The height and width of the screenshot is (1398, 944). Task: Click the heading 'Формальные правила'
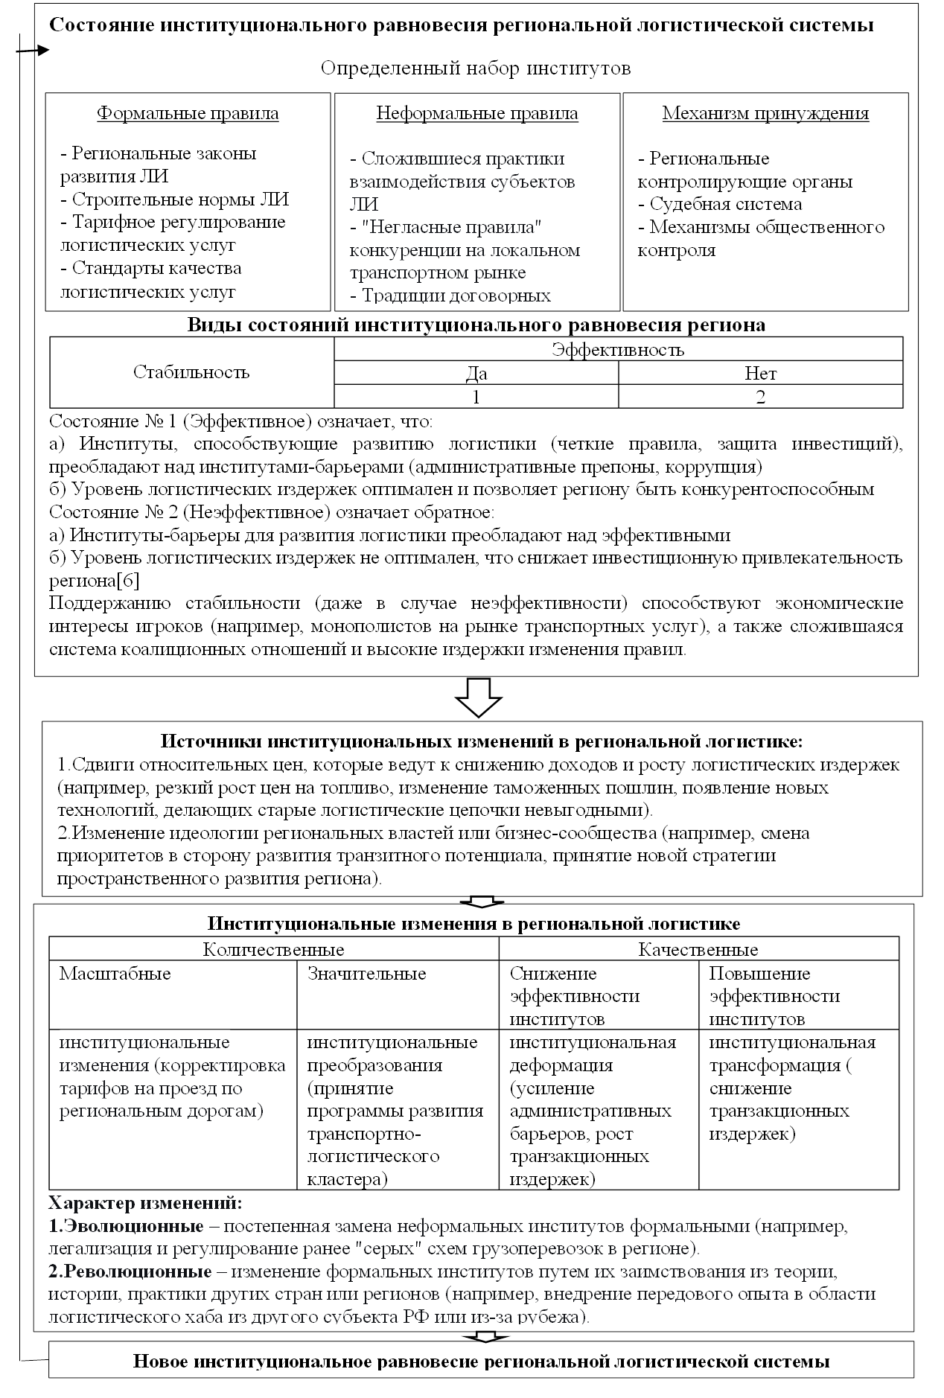point(188,114)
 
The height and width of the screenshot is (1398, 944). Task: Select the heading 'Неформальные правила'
point(476,114)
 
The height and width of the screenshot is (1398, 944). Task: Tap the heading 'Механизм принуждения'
point(765,114)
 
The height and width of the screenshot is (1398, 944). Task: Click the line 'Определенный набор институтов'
point(476,68)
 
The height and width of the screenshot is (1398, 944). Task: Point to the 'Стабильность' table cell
point(191,371)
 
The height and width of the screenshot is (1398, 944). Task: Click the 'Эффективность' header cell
point(618,349)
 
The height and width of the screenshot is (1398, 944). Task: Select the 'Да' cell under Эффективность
point(476,373)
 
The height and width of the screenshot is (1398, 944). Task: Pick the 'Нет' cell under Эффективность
point(760,373)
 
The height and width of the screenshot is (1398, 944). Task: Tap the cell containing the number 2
point(760,397)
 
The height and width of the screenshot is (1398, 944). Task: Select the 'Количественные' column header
point(273,949)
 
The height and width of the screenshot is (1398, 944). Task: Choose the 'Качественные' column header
point(698,949)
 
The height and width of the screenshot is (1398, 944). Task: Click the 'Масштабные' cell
point(115,974)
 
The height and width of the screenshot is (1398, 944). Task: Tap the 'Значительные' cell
point(366,974)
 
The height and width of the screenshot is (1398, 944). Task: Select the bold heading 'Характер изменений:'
point(144,1203)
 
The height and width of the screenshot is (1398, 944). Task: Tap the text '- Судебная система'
point(720,204)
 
